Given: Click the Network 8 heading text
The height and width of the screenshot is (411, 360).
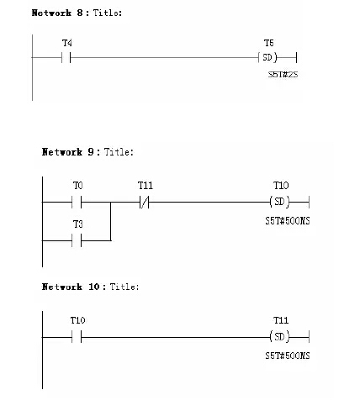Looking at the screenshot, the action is point(77,13).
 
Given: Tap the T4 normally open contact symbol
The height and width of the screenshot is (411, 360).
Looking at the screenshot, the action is point(66,58).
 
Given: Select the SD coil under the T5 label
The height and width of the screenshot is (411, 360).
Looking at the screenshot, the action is point(267,57).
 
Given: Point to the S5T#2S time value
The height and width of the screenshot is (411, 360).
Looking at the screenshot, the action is point(283,75).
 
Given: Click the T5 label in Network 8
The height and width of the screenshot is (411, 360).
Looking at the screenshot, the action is point(268,43).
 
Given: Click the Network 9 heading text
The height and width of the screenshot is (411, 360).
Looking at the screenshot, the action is point(87,152).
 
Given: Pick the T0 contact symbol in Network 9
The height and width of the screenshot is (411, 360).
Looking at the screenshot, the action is point(77,202).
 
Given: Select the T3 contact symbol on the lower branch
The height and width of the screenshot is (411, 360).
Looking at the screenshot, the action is point(77,240).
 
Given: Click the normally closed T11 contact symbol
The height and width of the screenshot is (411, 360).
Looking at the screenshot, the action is point(144,202).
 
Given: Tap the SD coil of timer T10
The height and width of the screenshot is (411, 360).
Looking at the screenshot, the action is point(279,202).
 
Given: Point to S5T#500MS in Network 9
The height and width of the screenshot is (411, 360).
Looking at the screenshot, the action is point(288,221).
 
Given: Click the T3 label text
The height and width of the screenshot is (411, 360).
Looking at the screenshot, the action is point(78,224).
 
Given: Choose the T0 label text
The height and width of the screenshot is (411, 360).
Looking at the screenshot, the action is point(78,186).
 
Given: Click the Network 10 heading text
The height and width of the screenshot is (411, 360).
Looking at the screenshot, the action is point(90,287).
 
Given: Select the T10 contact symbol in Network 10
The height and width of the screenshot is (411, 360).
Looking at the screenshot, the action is point(77,337).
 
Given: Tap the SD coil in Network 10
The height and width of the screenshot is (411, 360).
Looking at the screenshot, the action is point(279,336).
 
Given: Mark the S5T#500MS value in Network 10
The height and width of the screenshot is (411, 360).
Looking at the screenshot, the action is point(288,356).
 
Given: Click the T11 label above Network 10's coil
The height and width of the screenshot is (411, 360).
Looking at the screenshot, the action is point(281,320).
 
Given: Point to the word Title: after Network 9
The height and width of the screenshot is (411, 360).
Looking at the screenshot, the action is point(119,152).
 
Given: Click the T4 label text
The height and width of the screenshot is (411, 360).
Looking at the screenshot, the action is point(67,43).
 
